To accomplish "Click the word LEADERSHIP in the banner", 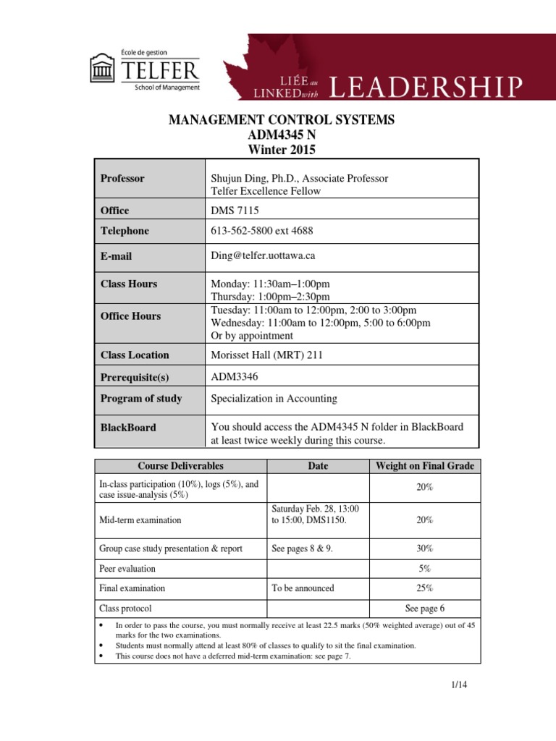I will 425,87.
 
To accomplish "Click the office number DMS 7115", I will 235,211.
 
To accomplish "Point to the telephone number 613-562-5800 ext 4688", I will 262,231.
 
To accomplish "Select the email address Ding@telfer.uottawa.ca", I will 263,255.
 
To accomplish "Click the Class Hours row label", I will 128,284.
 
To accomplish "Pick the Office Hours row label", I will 130,316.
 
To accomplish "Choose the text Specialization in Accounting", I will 274,398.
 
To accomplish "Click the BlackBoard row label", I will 127,428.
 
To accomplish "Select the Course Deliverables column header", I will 181,466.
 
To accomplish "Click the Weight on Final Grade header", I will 424,466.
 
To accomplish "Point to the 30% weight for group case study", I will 424,549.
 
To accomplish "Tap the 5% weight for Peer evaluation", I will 424,569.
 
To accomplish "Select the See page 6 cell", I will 424,609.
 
